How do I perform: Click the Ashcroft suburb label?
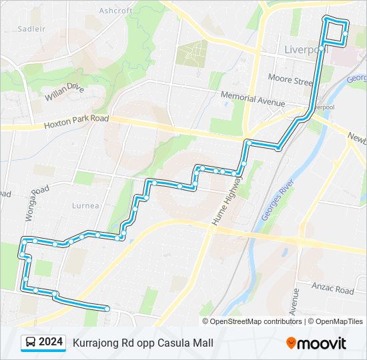click(x=115, y=11)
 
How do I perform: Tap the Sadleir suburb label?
click(x=31, y=29)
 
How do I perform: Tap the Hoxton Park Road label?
click(x=76, y=121)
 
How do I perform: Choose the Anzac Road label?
click(x=332, y=290)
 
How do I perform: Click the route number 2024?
click(x=51, y=343)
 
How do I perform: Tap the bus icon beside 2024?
click(x=31, y=343)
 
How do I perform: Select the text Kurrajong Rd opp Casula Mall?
click(x=143, y=343)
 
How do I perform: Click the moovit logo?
click(x=316, y=343)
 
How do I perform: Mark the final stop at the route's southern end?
click(x=107, y=308)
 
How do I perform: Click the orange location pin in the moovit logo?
click(x=291, y=343)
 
